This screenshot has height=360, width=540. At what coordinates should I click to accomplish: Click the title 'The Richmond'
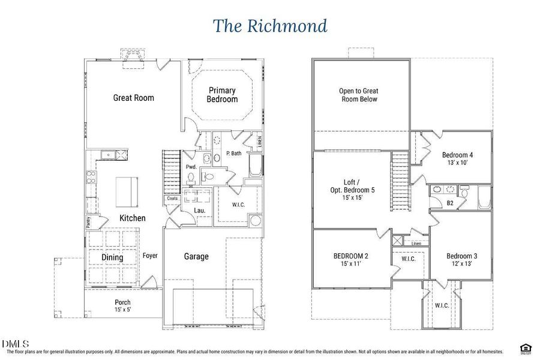coord(270,26)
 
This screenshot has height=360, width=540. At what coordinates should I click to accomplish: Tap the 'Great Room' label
coord(133,97)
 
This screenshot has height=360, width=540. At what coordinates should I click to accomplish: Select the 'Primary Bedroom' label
coord(222,95)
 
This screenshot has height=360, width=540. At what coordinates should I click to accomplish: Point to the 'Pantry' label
coord(88,221)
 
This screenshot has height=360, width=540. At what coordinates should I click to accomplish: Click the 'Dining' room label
coord(112,257)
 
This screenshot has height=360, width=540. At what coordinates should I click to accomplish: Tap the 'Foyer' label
coord(150,256)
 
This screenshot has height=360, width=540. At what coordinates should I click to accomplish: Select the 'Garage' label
coord(196,256)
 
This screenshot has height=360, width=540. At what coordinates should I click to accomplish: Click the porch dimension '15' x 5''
coord(122,310)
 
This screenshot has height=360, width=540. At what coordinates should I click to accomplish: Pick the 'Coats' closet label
coord(173,199)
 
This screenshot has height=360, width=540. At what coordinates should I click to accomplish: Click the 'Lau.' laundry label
coord(200,211)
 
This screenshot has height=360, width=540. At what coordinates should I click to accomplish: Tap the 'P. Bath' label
coord(233,154)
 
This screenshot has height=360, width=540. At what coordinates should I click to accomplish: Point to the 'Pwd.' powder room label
coord(191,167)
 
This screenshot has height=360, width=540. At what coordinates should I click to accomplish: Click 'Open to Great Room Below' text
coord(358,95)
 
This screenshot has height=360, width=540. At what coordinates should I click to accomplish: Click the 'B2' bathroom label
coord(449,203)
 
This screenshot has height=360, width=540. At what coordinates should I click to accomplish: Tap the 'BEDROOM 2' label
coord(351,256)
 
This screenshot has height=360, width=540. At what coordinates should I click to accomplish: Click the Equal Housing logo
coord(526,348)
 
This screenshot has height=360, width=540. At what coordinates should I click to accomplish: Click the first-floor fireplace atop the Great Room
coord(133,55)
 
